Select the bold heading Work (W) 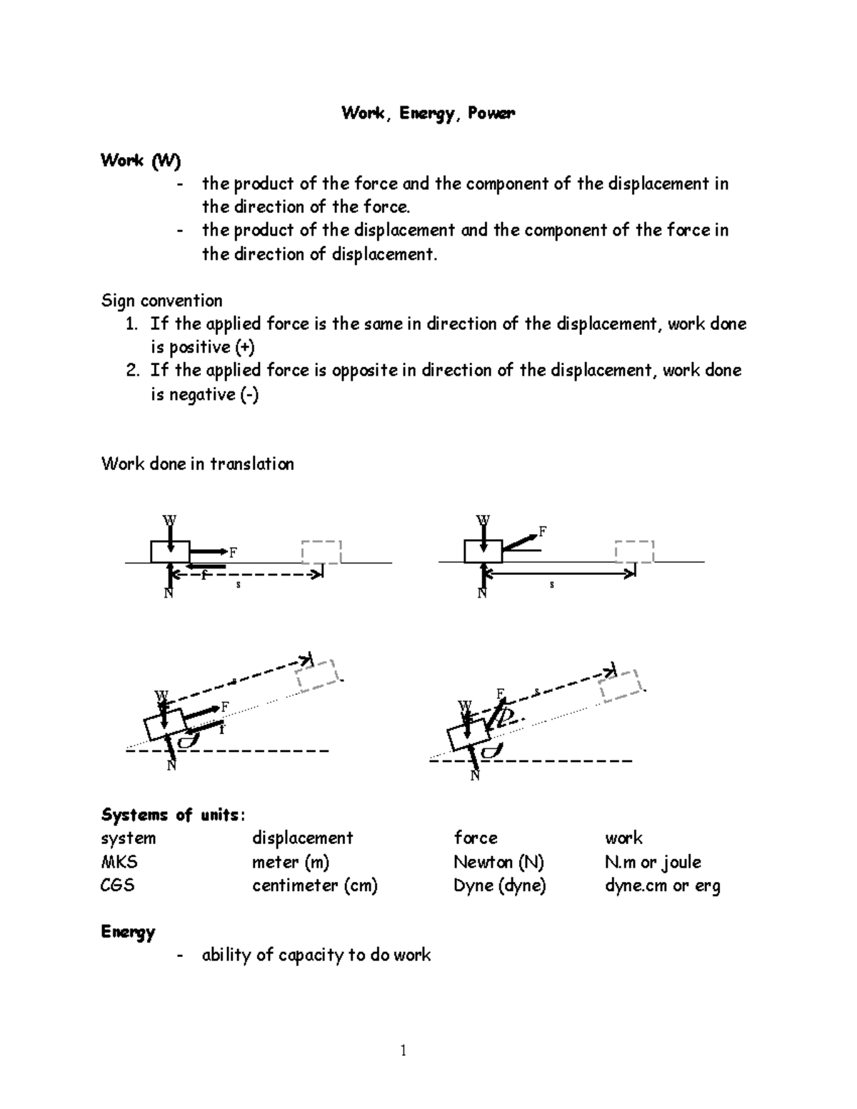tap(141, 161)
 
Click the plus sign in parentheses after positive tap(244, 347)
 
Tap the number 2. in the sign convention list tap(131, 371)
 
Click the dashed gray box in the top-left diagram tap(321, 552)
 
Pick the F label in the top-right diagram tap(543, 531)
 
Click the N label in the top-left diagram tap(169, 593)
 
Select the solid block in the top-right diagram tap(483, 551)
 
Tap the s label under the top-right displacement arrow tap(551, 585)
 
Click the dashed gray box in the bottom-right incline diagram tap(622, 686)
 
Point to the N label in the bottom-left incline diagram tap(171, 766)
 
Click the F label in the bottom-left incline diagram tap(225, 706)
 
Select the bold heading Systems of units tap(172, 815)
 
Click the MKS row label tap(119, 862)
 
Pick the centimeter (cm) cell tap(314, 885)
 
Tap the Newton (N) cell tap(498, 862)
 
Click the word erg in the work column tap(707, 886)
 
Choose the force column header tap(476, 838)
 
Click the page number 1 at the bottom tap(404, 1050)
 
